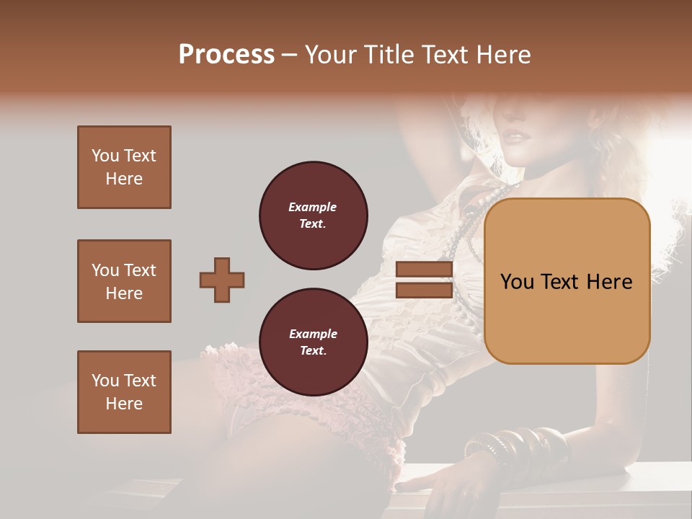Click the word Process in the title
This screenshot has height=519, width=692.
[226, 55]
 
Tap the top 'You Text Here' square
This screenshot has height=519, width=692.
[124, 167]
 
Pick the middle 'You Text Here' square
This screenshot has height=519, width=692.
[124, 281]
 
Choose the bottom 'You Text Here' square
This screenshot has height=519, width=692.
[124, 392]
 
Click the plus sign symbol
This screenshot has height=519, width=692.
[222, 280]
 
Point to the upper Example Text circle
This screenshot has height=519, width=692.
[313, 216]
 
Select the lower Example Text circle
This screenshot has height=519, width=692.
[313, 342]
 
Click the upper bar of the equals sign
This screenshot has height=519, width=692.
[424, 270]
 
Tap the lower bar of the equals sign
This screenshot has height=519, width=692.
[424, 290]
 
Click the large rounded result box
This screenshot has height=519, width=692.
[567, 281]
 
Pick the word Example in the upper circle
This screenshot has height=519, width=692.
[313, 208]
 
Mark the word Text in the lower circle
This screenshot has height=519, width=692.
[313, 351]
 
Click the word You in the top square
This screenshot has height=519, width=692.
[104, 156]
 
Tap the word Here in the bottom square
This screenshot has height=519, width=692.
[124, 404]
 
